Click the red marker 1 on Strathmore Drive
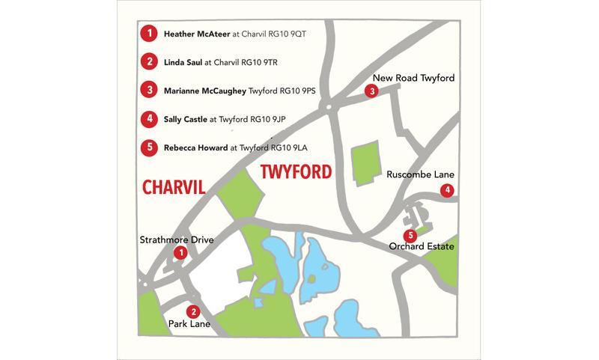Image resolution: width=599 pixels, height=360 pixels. pyautogui.click(x=180, y=254)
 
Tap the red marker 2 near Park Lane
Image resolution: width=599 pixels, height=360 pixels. pyautogui.click(x=193, y=312)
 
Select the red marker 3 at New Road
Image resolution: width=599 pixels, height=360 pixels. pyautogui.click(x=372, y=91)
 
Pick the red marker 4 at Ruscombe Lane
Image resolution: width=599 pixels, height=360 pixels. pyautogui.click(x=447, y=190)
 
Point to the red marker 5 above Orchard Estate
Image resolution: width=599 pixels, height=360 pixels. pyautogui.click(x=411, y=236)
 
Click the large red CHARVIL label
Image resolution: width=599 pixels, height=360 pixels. pyautogui.click(x=174, y=186)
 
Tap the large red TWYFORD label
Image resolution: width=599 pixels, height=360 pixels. pyautogui.click(x=297, y=172)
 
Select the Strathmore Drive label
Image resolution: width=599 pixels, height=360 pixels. pyautogui.click(x=177, y=240)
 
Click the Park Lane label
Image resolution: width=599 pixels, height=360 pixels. pyautogui.click(x=189, y=326)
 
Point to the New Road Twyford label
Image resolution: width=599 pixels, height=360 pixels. pyautogui.click(x=413, y=78)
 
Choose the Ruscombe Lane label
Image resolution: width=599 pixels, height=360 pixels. pyautogui.click(x=420, y=175)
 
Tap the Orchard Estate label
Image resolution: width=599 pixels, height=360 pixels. pyautogui.click(x=422, y=246)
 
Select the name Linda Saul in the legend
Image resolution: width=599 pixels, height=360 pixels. pyautogui.click(x=183, y=62)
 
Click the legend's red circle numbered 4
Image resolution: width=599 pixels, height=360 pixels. pyautogui.click(x=150, y=118)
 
